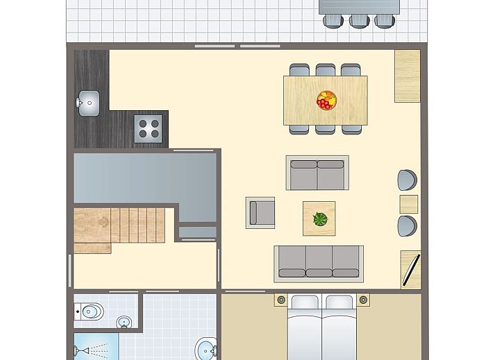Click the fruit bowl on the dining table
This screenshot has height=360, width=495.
point(326,100)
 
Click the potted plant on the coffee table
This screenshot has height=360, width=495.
point(319,219)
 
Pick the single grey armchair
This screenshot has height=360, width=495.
point(260,212)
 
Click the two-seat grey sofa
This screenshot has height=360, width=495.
point(317,173)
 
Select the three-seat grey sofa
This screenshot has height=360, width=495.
point(319,262)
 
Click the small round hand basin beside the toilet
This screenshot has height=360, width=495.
point(124,323)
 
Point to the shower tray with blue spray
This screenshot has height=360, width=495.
point(96,348)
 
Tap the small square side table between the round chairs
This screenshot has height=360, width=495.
point(409,204)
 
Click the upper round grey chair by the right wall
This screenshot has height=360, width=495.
point(408,180)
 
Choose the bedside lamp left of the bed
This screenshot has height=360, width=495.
point(280,300)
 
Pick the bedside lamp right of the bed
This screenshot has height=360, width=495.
point(362,300)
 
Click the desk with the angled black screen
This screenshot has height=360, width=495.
point(410,269)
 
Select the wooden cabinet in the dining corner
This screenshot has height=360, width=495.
point(408,76)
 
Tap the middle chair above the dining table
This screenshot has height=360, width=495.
point(326,70)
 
